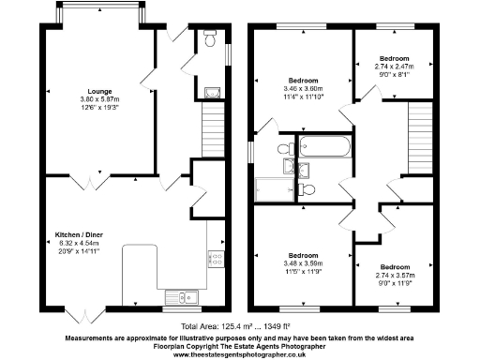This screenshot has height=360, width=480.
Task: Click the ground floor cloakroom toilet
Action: [210, 40]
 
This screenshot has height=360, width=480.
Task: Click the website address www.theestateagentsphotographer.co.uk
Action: [239, 354]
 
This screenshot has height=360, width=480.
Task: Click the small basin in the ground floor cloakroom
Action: [211, 92]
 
